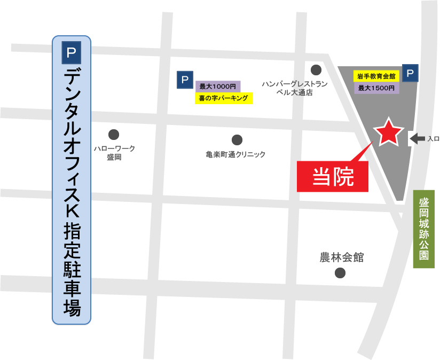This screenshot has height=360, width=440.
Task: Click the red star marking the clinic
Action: tap(388, 133)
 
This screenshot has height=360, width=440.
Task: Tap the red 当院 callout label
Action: tap(333, 176)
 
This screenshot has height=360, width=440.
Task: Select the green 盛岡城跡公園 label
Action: tap(424, 229)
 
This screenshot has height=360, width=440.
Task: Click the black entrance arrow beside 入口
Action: tap(417, 139)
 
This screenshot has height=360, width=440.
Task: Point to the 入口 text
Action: tap(433, 139)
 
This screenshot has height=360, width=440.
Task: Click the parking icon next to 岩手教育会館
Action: tap(410, 74)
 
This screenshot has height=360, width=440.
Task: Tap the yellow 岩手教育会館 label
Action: tap(376, 76)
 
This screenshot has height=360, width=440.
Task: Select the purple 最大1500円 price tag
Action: tap(376, 88)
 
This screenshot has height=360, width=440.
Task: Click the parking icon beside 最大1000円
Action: tap(185, 80)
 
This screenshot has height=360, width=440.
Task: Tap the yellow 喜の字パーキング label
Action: tap(223, 98)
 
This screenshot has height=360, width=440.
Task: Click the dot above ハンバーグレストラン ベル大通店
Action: tap(316, 69)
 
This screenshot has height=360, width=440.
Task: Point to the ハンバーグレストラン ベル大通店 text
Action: tap(294, 88)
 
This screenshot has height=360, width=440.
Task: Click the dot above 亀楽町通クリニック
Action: tap(237, 140)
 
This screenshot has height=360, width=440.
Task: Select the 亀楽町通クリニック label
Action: tap(235, 154)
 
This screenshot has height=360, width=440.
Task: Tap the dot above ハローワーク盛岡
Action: tap(114, 135)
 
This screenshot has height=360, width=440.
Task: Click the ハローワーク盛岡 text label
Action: tap(114, 153)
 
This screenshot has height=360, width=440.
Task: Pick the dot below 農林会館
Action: tap(340, 273)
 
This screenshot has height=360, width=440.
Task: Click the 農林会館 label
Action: tap(341, 257)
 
